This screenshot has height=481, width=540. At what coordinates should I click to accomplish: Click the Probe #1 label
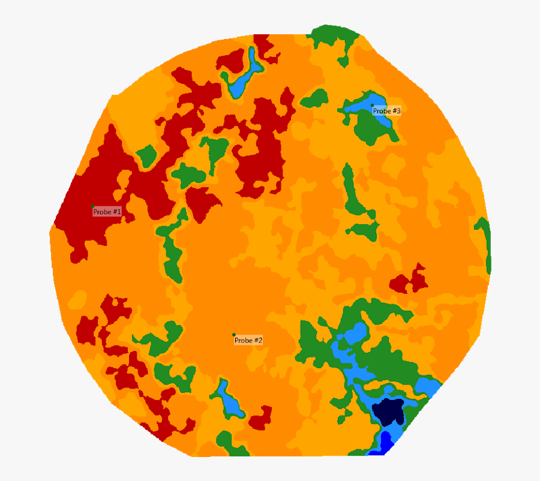coord(107,212)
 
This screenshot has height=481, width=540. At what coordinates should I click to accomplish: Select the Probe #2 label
coord(248,340)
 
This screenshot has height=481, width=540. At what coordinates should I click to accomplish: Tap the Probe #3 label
coord(386,111)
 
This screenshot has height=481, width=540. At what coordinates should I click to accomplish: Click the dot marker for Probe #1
coord(93,206)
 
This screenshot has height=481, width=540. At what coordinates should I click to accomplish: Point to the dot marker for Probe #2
coord(234,335)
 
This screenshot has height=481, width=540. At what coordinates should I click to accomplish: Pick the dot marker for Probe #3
coord(372,105)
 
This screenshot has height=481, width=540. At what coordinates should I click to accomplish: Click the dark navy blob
coord(388,411)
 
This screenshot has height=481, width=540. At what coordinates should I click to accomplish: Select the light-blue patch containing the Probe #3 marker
coord(364,106)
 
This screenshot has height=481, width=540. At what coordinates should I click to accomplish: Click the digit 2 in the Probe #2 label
coord(260,340)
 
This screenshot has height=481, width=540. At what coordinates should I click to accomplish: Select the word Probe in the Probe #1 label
coord(101,212)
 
